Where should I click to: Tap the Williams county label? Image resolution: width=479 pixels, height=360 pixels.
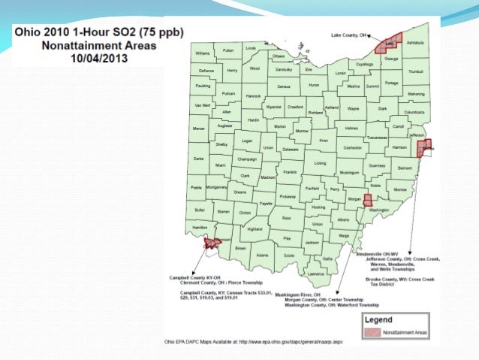point(203,54)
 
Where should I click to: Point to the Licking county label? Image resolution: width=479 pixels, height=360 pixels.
point(321,162)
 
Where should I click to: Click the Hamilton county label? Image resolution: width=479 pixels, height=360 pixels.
point(200,226)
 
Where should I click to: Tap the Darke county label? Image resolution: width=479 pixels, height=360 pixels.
point(198,159)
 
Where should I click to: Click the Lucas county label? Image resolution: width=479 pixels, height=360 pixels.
point(251,47)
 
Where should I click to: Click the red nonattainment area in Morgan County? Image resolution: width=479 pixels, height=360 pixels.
point(368,201)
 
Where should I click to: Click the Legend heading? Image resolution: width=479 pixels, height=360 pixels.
point(378,318)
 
